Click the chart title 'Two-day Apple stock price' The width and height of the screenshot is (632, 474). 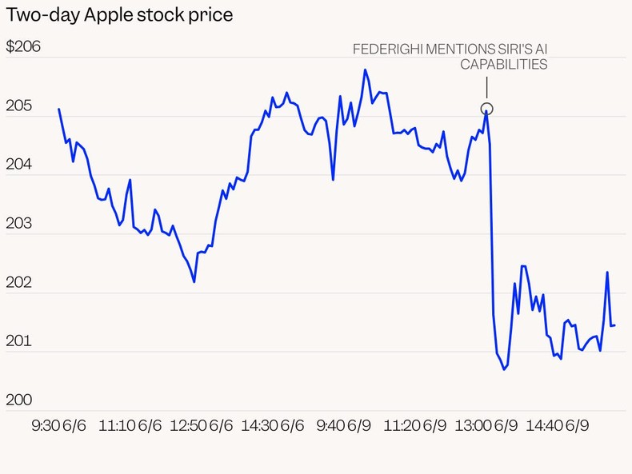pyautogui.click(x=120, y=15)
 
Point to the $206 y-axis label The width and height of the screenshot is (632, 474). pyautogui.click(x=23, y=47)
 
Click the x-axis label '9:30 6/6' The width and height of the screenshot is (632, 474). pyautogui.click(x=58, y=426)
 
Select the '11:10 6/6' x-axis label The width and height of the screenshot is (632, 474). pyautogui.click(x=129, y=426)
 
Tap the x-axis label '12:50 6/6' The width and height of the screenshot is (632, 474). pyautogui.click(x=201, y=426)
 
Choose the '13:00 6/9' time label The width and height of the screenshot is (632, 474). pyautogui.click(x=482, y=426)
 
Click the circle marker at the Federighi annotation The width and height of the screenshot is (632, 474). pyautogui.click(x=486, y=109)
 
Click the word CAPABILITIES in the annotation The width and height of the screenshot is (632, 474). pyautogui.click(x=504, y=65)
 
